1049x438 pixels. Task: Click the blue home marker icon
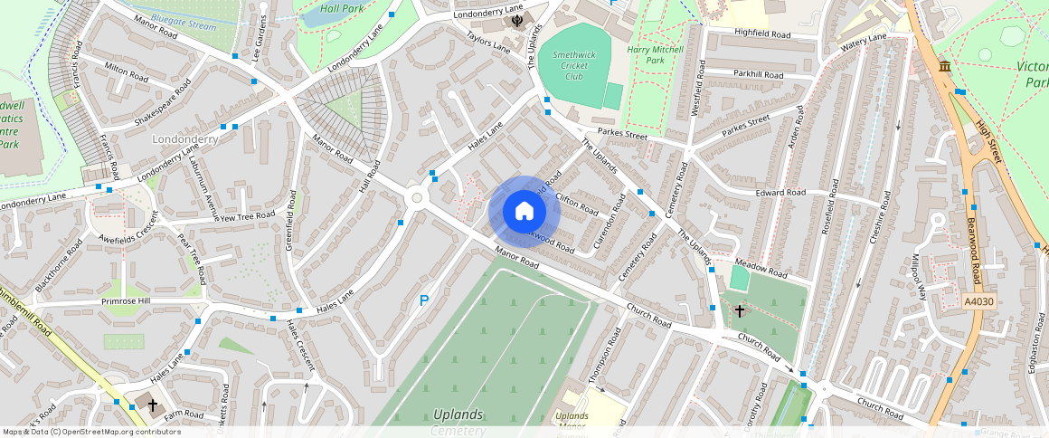click(x=524, y=212)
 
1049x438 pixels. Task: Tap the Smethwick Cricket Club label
click(x=574, y=66)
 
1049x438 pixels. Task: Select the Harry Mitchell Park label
click(x=658, y=54)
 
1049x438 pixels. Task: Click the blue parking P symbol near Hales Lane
click(x=423, y=300)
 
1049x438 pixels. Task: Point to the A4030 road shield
click(x=978, y=301)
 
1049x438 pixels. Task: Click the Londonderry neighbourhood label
click(x=184, y=140)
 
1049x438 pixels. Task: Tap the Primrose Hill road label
click(x=126, y=301)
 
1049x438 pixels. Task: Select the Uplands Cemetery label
click(x=458, y=422)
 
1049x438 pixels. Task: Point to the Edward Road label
click(x=781, y=193)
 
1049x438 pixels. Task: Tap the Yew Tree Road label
click(x=247, y=216)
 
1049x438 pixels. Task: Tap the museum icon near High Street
click(x=945, y=67)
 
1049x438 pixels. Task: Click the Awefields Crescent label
click(x=129, y=231)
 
